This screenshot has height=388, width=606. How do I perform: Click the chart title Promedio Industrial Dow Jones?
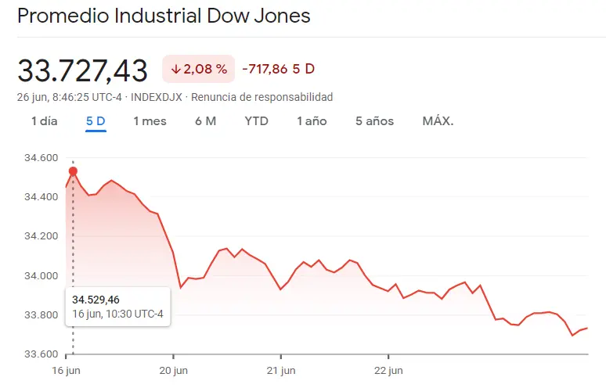coord(164,16)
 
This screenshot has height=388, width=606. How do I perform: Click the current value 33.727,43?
coord(83,70)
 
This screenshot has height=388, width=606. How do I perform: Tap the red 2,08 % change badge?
coord(199,69)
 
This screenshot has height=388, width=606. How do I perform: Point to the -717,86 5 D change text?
coord(278,69)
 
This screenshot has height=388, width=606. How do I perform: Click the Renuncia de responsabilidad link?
coord(262,97)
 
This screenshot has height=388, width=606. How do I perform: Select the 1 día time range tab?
coord(45,121)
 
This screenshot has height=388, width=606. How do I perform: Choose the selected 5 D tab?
coord(96,121)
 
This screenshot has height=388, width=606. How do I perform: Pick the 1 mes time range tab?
coord(150,121)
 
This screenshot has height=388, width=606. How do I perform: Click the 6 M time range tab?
coord(205,121)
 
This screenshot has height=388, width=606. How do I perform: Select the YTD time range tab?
coord(256,121)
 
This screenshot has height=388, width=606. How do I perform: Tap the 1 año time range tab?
coord(312,121)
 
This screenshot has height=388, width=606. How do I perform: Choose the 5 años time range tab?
coord(374,121)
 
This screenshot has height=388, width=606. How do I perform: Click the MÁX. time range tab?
coord(438,121)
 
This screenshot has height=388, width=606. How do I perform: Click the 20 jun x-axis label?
coord(175,370)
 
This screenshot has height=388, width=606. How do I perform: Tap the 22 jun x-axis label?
coord(388,370)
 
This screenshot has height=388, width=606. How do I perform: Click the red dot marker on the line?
coord(73,171)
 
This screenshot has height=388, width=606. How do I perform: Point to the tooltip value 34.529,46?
coord(96,300)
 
